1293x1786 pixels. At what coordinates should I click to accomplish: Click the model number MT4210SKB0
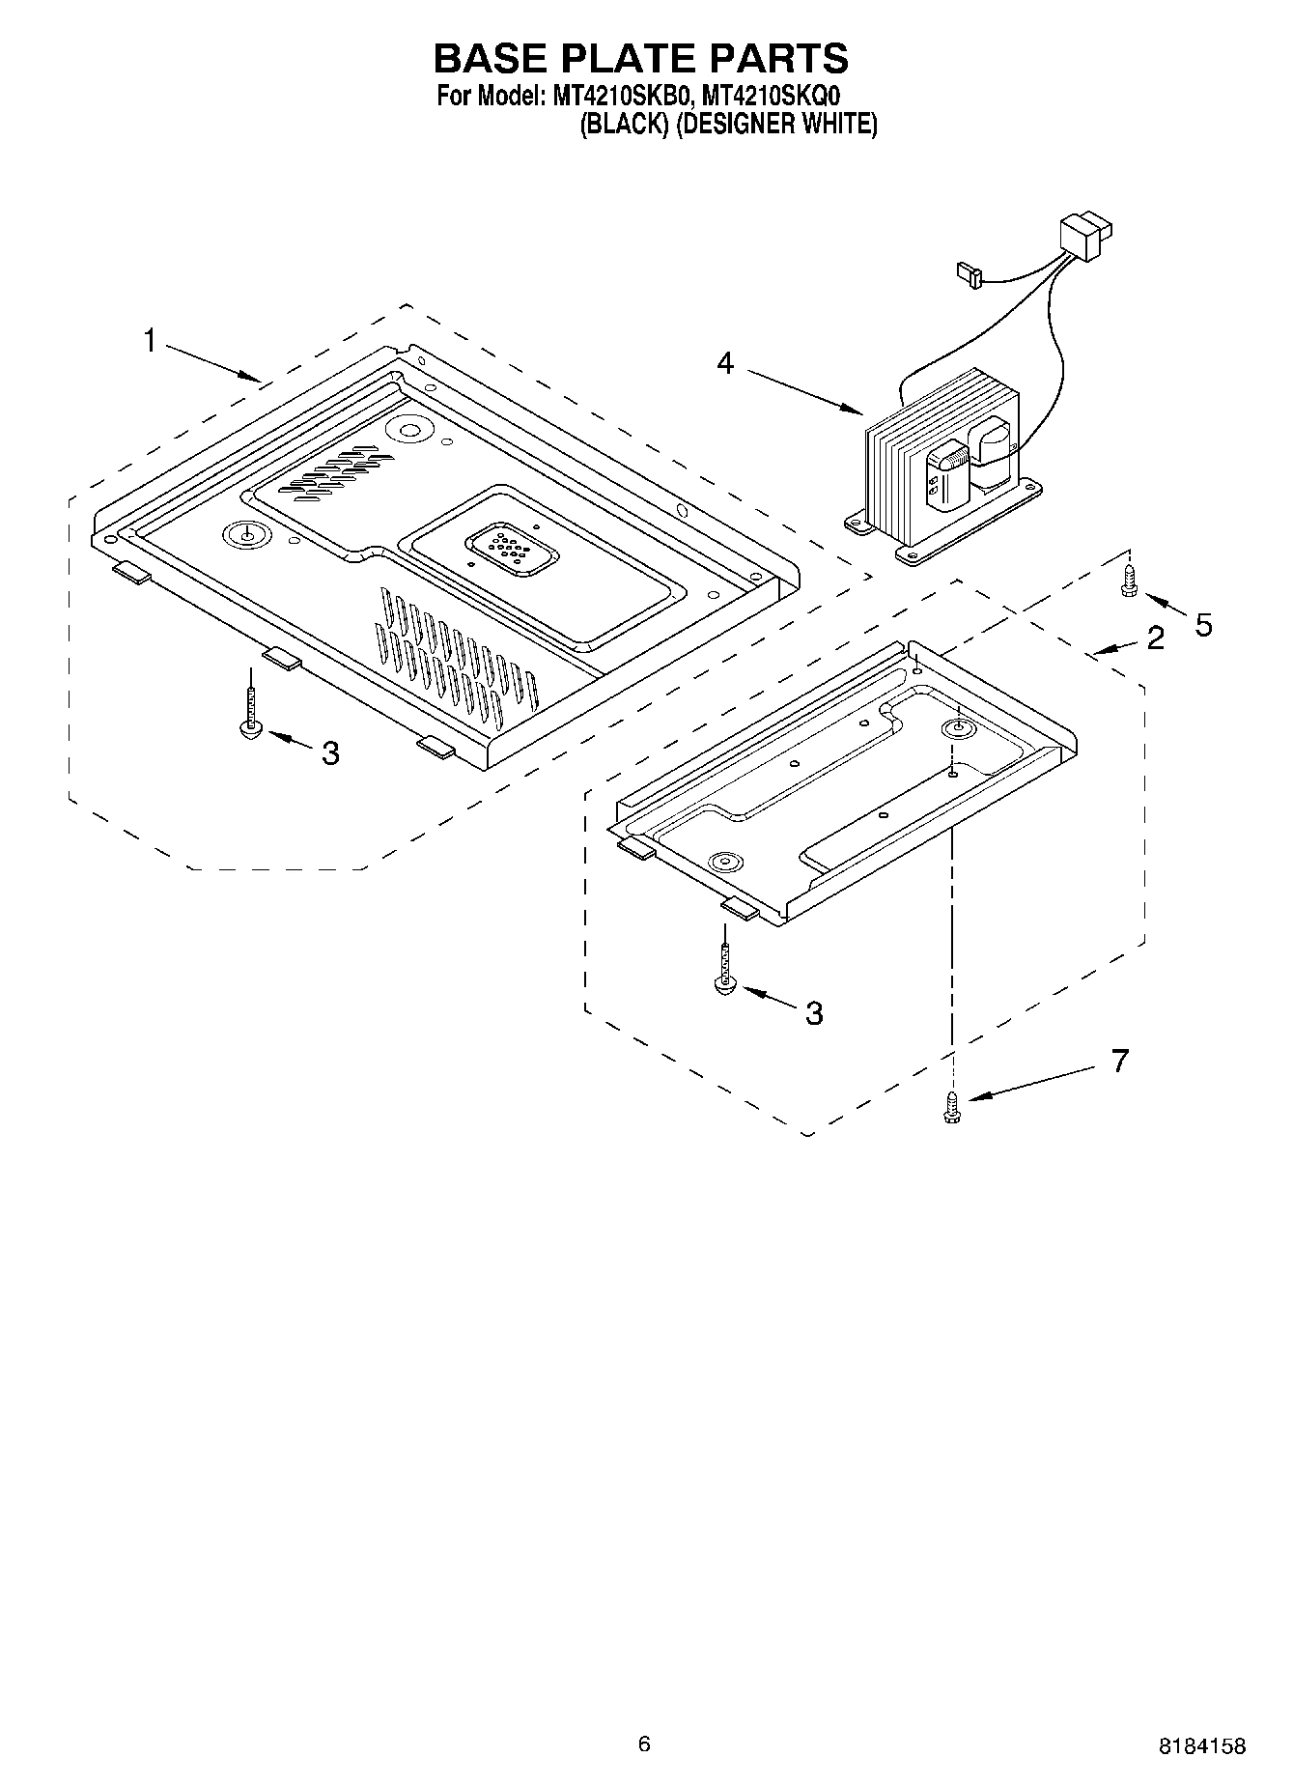pyautogui.click(x=620, y=97)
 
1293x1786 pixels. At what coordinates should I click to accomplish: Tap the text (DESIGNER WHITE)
pyautogui.click(x=775, y=125)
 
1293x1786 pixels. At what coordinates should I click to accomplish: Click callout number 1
pyautogui.click(x=150, y=340)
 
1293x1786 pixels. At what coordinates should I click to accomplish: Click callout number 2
pyautogui.click(x=1155, y=638)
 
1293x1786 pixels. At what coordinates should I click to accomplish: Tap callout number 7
pyautogui.click(x=1119, y=1061)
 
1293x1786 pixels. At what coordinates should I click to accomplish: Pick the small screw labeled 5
pyautogui.click(x=1129, y=582)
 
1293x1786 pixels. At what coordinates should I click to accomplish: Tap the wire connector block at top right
pyautogui.click(x=1085, y=236)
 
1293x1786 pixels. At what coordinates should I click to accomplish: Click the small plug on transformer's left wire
pyautogui.click(x=967, y=275)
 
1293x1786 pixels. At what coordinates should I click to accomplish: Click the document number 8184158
pyautogui.click(x=1201, y=1718)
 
